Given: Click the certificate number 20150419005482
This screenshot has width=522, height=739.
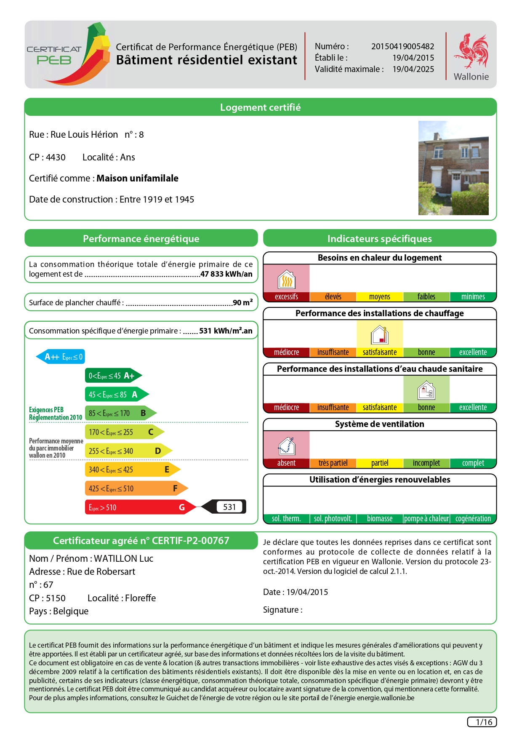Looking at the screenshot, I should pyautogui.click(x=402, y=46).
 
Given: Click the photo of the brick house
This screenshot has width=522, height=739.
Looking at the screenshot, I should pyautogui.click(x=453, y=168).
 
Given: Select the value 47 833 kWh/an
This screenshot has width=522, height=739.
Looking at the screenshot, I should pyautogui.click(x=226, y=274).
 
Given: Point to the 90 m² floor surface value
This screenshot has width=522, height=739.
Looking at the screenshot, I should pyautogui.click(x=243, y=303).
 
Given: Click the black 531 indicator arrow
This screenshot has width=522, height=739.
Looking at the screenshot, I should pyautogui.click(x=225, y=507).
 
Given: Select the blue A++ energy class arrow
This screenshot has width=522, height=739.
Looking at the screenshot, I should pyautogui.click(x=61, y=357).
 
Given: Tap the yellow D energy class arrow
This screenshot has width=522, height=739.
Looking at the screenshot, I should pyautogui.click(x=128, y=451).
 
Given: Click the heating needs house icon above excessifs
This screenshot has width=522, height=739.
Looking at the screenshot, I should pyautogui.click(x=286, y=279).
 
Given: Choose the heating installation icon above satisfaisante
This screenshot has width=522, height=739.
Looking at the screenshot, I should pyautogui.click(x=380, y=335).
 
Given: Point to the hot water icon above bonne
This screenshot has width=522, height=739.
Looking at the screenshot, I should pyautogui.click(x=426, y=390).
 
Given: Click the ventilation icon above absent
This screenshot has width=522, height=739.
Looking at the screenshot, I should pyautogui.click(x=286, y=446).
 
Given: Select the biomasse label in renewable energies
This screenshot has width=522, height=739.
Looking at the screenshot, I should pyautogui.click(x=380, y=519).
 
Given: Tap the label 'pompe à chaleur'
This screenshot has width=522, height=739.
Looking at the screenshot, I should pyautogui.click(x=426, y=519).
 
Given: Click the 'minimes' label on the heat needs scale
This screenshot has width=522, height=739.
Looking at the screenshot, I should pyautogui.click(x=473, y=297).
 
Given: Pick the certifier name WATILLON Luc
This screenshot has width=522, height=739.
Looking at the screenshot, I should pyautogui.click(x=124, y=559).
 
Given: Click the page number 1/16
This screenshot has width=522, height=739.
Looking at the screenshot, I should pyautogui.click(x=482, y=722).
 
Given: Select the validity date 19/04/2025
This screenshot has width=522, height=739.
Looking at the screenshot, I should pyautogui.click(x=413, y=69).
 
